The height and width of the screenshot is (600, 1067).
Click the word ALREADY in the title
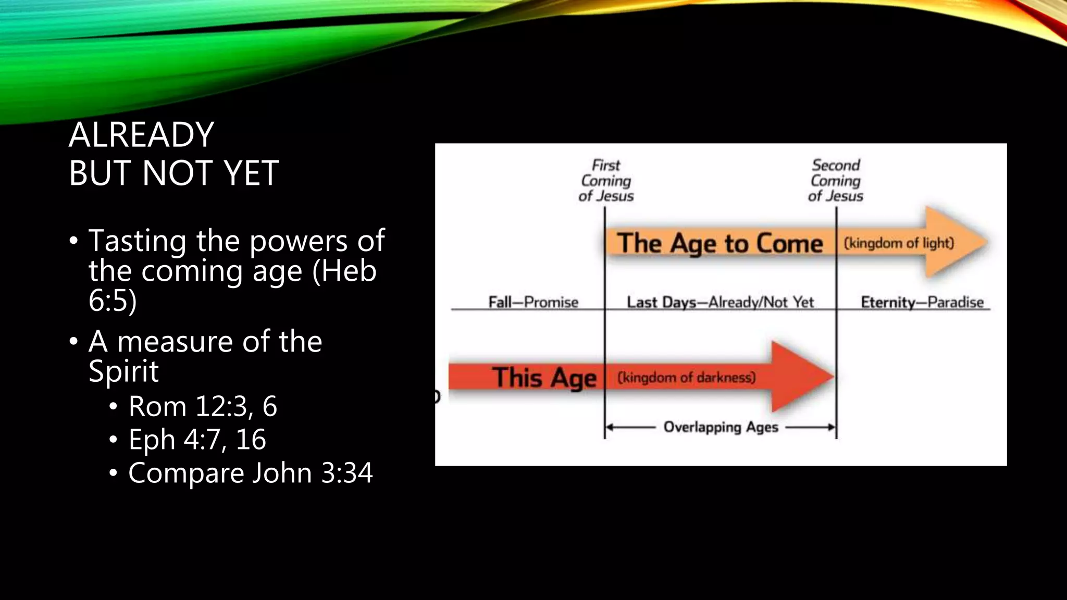[x=141, y=135]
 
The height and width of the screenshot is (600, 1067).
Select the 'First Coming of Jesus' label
[x=606, y=181]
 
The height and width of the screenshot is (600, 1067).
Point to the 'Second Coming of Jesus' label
[x=836, y=181]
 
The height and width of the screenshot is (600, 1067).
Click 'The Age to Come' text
[x=719, y=244]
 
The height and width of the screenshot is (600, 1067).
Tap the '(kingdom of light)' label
[x=899, y=243]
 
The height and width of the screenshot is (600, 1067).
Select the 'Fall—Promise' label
[x=533, y=302]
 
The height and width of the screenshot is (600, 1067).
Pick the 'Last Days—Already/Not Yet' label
[x=720, y=302]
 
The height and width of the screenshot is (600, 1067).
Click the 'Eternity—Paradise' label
[x=922, y=302]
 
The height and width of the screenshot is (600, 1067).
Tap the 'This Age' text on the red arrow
[x=544, y=377]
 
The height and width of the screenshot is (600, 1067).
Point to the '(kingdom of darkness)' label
[x=686, y=377]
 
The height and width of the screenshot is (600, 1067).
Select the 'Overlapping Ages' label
[x=721, y=427]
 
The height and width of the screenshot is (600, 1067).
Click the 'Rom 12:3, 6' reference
[x=203, y=406]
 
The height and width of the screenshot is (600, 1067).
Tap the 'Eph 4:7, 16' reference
[x=197, y=440]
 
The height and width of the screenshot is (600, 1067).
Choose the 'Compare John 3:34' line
[x=250, y=473]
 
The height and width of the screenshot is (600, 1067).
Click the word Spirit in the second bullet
[x=123, y=371]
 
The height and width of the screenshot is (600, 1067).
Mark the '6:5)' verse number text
[x=113, y=301]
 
